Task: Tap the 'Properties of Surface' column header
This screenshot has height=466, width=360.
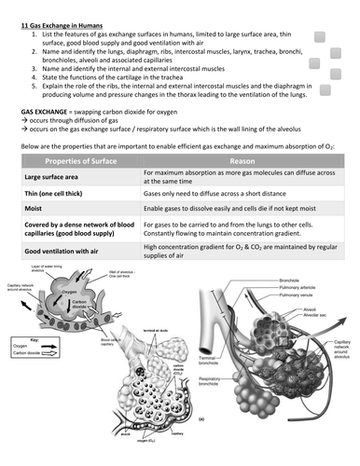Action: [79, 160]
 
